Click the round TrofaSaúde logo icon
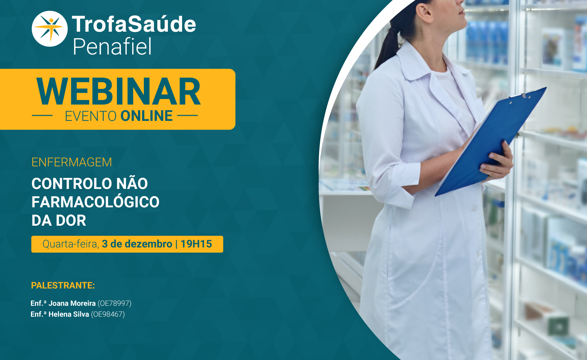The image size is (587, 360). click(x=50, y=28)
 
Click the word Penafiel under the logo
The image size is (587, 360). click(x=112, y=46)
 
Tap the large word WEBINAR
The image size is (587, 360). click(x=118, y=91)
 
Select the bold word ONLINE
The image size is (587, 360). click(x=146, y=116)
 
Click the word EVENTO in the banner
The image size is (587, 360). click(x=91, y=116)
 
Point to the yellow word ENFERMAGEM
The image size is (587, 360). click(x=71, y=162)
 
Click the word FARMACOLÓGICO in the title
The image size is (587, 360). click(x=95, y=202)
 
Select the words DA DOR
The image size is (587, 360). click(x=59, y=220)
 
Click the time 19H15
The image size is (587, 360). click(x=196, y=244)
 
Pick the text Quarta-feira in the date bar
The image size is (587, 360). click(x=71, y=244)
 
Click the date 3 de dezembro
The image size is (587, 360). click(x=137, y=244)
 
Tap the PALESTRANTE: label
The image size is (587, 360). click(x=63, y=285)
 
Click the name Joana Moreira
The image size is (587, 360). click(x=72, y=303)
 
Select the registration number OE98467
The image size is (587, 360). click(x=108, y=314)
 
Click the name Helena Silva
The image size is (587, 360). click(x=69, y=314)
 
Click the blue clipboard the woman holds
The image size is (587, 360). click(x=491, y=142)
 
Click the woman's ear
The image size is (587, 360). click(x=424, y=12)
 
